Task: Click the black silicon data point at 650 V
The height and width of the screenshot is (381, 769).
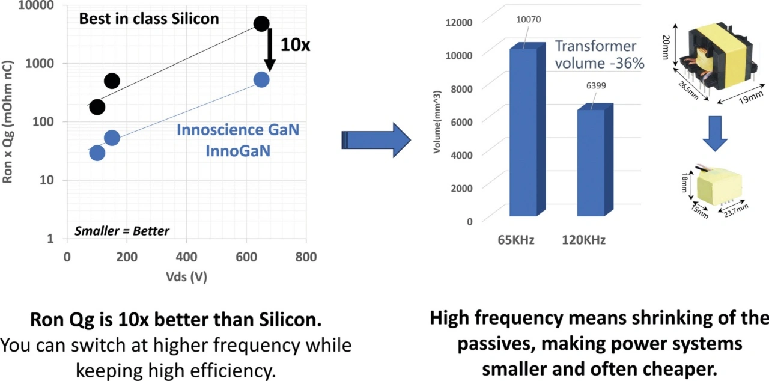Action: pos(261,24)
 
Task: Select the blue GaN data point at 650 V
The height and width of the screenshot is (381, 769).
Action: pos(261,79)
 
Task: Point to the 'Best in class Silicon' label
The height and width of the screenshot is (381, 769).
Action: pos(149,19)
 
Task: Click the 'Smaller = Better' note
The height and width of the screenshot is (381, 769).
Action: pos(122,231)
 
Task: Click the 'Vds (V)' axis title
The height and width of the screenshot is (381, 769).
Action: pos(187,277)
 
